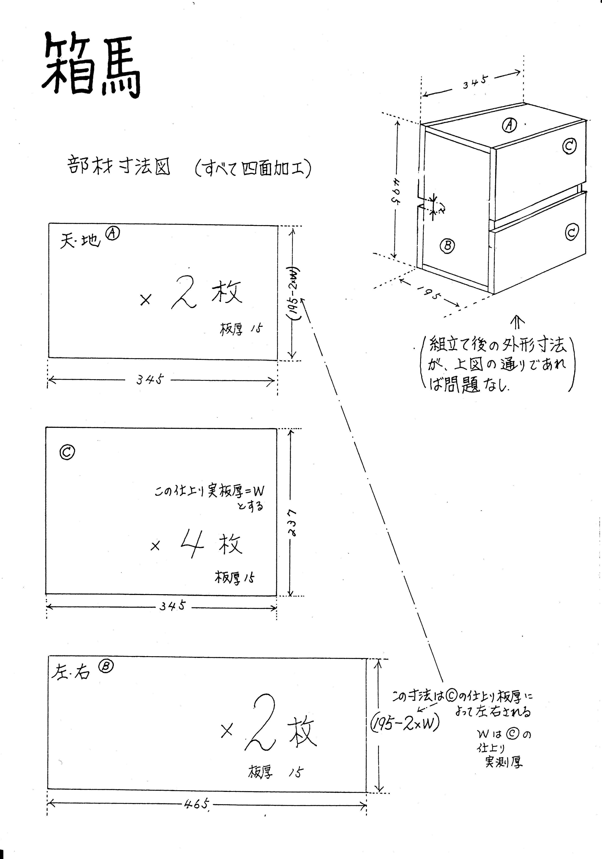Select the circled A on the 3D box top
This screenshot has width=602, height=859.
click(x=509, y=125)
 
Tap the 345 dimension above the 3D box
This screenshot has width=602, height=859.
click(x=475, y=82)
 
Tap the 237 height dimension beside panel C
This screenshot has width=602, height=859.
click(x=294, y=522)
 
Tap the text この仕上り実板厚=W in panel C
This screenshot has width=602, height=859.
click(x=209, y=491)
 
